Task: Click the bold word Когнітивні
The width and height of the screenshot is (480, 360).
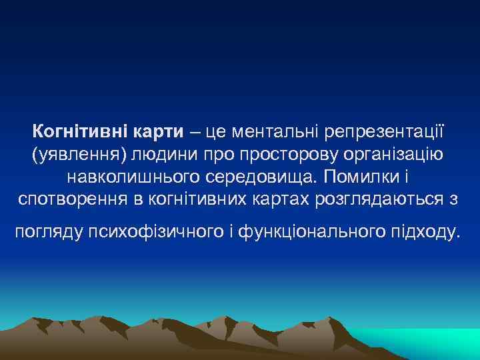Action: pyautogui.click(x=72, y=131)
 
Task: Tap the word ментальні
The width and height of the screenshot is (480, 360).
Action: pyautogui.click(x=273, y=131)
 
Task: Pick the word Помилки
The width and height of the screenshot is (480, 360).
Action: pyautogui.click(x=368, y=177)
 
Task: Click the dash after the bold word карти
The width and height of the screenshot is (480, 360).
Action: pyautogui.click(x=195, y=131)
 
